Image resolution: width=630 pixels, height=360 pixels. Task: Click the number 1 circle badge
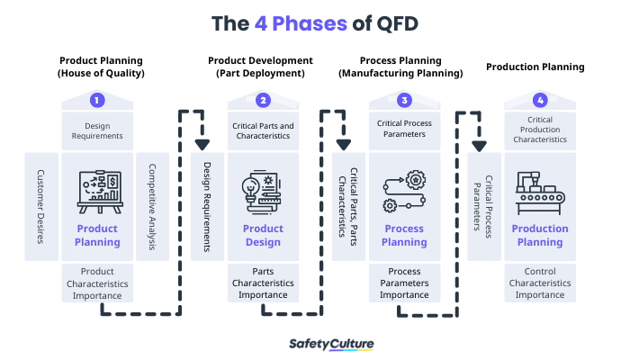pyautogui.click(x=97, y=100)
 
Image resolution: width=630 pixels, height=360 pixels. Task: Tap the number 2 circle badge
pyautogui.click(x=263, y=100)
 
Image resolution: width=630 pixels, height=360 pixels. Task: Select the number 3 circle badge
pyautogui.click(x=405, y=100)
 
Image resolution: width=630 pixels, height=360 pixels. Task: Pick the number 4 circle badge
pyautogui.click(x=540, y=100)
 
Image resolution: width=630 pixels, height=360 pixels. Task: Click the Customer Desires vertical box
pyautogui.click(x=41, y=206)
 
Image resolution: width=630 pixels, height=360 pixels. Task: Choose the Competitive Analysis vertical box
pyautogui.click(x=153, y=206)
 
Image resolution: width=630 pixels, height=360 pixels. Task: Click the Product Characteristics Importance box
pyautogui.click(x=97, y=283)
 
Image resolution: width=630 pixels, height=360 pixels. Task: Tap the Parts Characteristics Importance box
pyautogui.click(x=263, y=283)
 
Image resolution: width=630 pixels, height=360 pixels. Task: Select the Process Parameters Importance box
pyautogui.click(x=405, y=283)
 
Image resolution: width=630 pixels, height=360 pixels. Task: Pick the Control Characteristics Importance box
pyautogui.click(x=540, y=283)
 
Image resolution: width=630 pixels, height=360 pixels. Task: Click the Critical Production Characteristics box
pyautogui.click(x=540, y=130)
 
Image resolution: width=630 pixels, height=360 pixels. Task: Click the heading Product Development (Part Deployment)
pyautogui.click(x=261, y=67)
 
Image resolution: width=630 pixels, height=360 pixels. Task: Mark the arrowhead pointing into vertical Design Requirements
pyautogui.click(x=202, y=143)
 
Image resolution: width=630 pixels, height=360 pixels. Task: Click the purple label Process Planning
pyautogui.click(x=405, y=235)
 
